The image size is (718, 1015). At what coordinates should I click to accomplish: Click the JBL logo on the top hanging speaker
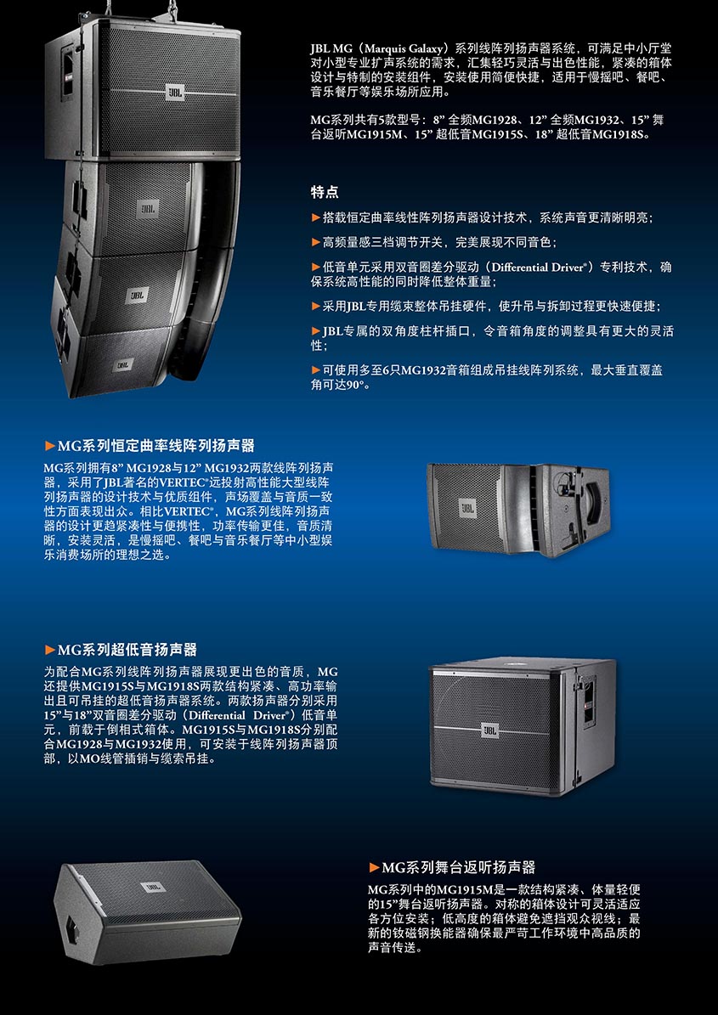tap(174, 92)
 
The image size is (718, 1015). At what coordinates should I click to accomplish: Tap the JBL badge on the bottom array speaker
tap(123, 365)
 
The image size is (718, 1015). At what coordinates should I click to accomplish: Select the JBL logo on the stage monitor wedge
tap(153, 887)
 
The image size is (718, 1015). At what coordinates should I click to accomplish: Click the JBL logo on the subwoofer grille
tap(490, 730)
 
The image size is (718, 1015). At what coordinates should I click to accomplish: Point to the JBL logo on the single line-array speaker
tap(466, 508)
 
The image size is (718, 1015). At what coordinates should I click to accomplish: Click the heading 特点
tap(325, 192)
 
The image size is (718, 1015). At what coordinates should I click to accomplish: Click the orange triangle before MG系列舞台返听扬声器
tap(374, 867)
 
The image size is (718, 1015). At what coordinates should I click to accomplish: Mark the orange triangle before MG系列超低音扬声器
tap(50, 649)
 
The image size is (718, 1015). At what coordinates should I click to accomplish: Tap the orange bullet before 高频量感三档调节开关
tap(316, 242)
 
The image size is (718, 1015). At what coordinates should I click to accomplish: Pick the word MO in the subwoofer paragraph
tap(88, 758)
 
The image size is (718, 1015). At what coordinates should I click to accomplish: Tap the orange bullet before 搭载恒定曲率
tap(316, 217)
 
